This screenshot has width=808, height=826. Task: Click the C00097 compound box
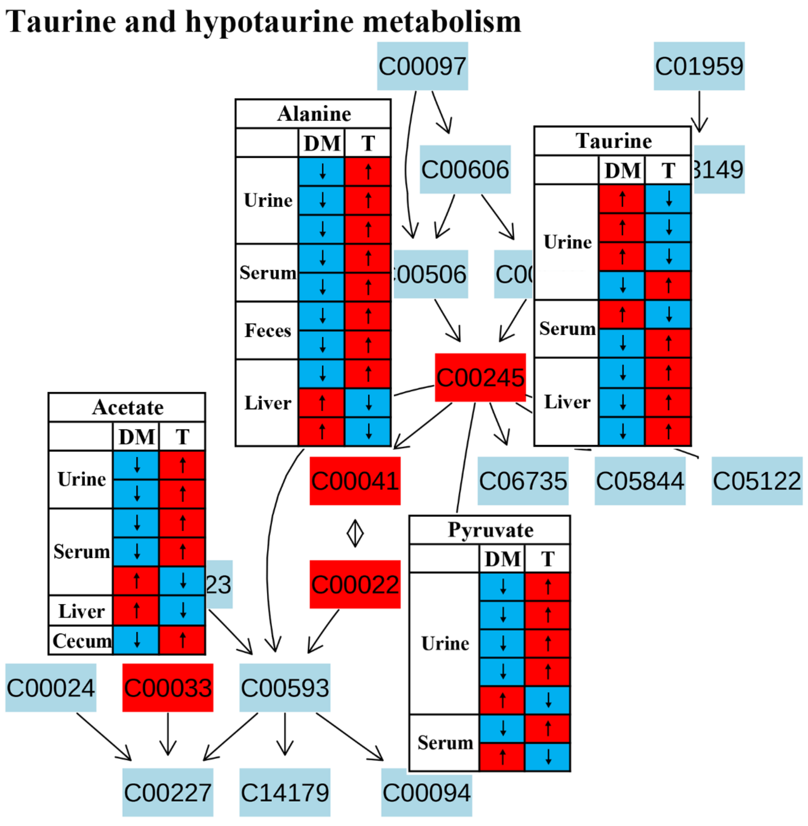(x=422, y=66)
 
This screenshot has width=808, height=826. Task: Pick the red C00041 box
(x=355, y=481)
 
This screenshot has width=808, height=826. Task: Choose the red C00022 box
(x=355, y=584)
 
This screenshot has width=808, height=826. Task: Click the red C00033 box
(x=168, y=688)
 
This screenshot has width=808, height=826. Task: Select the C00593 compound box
(x=285, y=688)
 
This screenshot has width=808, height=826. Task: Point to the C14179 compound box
(x=285, y=792)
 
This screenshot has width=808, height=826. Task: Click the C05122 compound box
(x=757, y=481)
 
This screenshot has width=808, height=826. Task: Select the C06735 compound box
(x=523, y=481)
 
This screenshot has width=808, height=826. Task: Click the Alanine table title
(x=314, y=114)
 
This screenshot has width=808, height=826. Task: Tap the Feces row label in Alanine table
(x=268, y=330)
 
